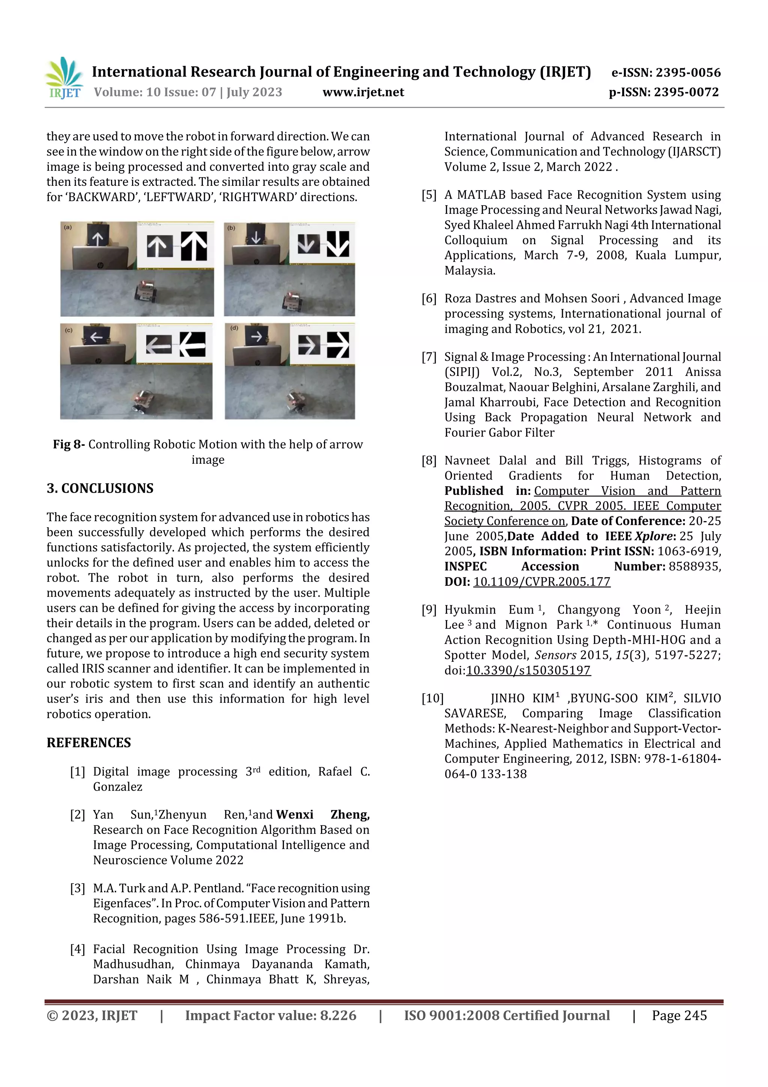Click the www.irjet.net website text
click(x=363, y=92)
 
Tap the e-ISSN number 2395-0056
click(x=687, y=72)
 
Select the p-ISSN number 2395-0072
click(x=686, y=92)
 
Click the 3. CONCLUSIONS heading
click(x=100, y=488)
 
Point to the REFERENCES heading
click(x=88, y=742)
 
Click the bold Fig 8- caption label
click(x=69, y=445)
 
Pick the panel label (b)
click(x=231, y=228)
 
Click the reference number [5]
click(x=429, y=195)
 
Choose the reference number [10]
click(x=432, y=698)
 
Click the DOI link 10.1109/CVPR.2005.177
click(x=541, y=582)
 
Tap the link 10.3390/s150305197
click(x=528, y=671)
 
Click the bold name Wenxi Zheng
click(x=322, y=814)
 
